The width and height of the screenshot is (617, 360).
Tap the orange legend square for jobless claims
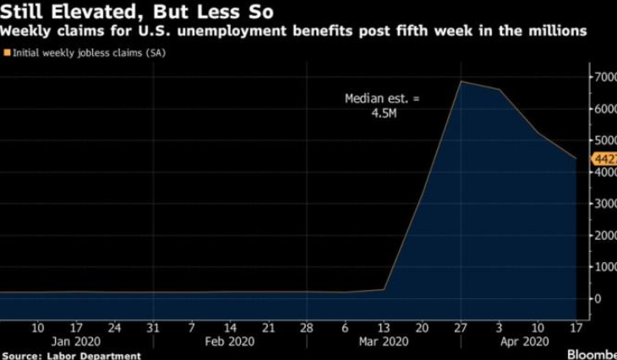coord(6,53)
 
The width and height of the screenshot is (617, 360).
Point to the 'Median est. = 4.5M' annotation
coord(381,106)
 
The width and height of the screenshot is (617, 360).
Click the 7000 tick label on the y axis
coord(602,78)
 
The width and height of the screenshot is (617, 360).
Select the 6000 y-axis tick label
coord(602,109)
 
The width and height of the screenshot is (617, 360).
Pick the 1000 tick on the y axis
coord(602,267)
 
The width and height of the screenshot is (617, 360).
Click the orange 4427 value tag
coord(603,158)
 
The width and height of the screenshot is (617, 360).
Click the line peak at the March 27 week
coord(460,81)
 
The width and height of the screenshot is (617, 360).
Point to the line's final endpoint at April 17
coord(576,158)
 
